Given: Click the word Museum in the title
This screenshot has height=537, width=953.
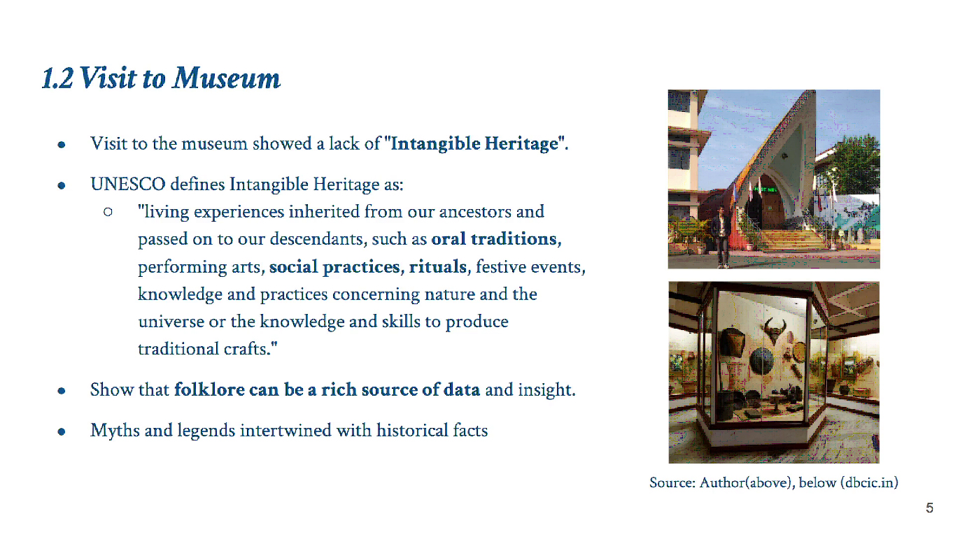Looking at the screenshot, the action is click(x=226, y=78).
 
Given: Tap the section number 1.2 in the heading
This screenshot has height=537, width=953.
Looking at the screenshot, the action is click(x=57, y=78).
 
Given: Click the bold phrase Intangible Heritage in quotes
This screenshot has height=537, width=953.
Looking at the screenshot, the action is click(x=474, y=144).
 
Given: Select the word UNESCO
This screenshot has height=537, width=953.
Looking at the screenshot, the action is click(x=127, y=185).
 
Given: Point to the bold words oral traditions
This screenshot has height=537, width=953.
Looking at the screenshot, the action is click(x=496, y=239).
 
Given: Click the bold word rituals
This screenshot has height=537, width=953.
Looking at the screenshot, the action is click(x=438, y=267).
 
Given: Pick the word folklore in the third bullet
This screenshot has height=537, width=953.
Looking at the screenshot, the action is click(x=209, y=389).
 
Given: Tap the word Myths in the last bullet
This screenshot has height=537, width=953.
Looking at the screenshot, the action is click(x=115, y=430).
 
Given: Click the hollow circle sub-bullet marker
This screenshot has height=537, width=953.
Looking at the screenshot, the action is click(x=108, y=212).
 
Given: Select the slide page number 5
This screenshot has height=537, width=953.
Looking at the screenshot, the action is click(x=929, y=508).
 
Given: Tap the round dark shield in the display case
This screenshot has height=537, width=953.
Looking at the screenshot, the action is click(x=762, y=361).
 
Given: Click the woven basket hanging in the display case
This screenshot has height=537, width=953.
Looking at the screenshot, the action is click(x=732, y=343).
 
